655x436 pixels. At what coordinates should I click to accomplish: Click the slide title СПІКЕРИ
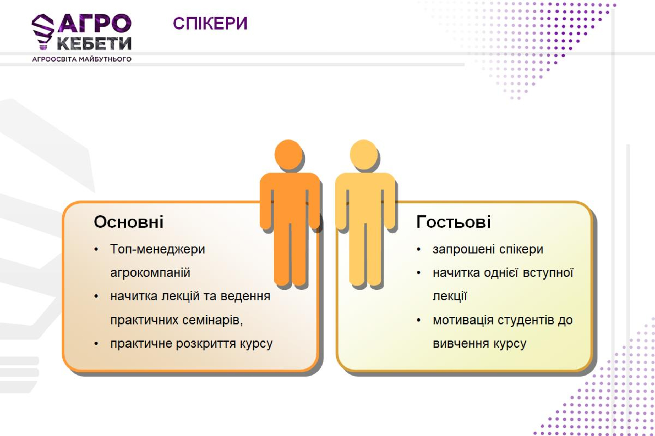point(210,23)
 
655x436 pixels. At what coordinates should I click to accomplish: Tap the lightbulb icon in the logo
point(43,31)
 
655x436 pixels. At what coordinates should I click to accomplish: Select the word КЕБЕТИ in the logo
point(94,44)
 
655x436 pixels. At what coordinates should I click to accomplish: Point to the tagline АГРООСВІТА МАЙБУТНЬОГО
point(82,59)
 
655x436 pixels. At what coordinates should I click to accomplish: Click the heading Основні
point(129,222)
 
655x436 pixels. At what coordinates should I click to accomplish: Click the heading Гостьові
point(454,222)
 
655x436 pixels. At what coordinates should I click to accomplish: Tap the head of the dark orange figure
point(288,154)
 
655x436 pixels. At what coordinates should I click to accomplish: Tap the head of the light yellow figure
point(364,154)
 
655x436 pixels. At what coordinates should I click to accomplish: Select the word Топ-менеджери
point(157,249)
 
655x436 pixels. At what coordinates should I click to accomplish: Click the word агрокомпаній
point(150,273)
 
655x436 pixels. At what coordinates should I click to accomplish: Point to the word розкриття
point(206,344)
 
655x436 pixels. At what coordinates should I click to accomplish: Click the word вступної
point(548,273)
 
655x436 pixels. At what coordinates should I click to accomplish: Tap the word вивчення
point(461,344)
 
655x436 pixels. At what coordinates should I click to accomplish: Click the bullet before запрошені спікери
point(418,249)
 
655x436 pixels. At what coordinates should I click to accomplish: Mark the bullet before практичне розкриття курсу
point(96,344)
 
